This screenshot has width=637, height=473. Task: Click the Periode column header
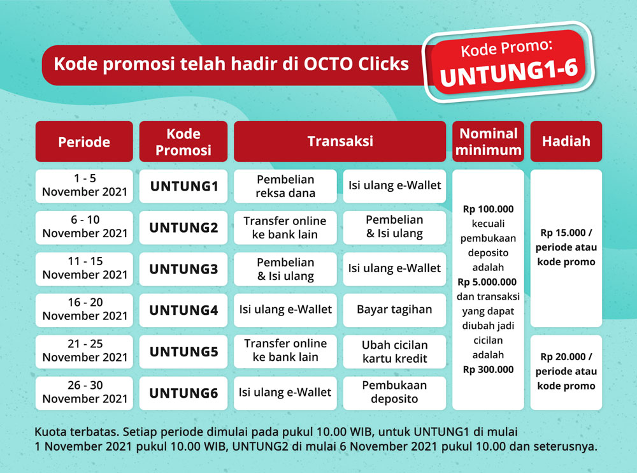click(84, 142)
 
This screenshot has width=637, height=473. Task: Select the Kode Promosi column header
click(183, 142)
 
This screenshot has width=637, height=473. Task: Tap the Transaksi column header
click(340, 142)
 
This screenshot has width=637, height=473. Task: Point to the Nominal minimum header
click(488, 142)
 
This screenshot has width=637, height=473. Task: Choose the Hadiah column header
click(566, 142)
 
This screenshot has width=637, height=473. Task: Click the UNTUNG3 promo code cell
click(183, 269)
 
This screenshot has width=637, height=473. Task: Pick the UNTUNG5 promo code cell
click(183, 351)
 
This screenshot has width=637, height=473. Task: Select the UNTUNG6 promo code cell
click(183, 393)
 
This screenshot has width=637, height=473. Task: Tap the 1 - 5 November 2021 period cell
click(84, 186)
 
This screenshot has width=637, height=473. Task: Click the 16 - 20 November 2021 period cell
click(84, 310)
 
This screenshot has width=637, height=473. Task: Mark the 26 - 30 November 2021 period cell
click(84, 393)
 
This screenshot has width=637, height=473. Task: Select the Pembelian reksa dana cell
click(285, 186)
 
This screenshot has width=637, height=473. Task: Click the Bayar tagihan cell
click(394, 310)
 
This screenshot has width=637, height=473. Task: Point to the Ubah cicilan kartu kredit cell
click(394, 351)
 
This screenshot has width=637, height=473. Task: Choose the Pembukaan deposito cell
click(394, 393)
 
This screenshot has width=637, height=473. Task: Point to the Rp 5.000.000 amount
click(487, 282)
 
